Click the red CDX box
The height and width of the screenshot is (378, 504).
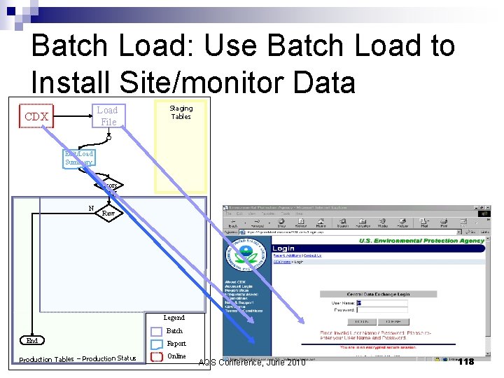pos(36,116)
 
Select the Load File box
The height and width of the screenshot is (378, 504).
pos(107,115)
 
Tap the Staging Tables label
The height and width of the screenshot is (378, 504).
pos(181,112)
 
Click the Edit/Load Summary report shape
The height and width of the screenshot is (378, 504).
pos(78,158)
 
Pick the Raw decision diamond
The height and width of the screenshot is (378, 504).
pos(108,213)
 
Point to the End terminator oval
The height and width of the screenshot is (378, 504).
pos(32,341)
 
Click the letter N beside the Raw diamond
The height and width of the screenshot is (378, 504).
pos(91,208)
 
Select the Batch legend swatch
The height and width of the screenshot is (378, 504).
pos(157,331)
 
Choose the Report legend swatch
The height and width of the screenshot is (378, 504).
pos(157,344)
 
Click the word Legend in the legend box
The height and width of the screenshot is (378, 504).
pos(174,318)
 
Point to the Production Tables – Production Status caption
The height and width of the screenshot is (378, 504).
pos(78,359)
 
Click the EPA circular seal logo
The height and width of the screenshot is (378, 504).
pos(246,255)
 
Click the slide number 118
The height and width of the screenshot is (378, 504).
pos(465,361)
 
